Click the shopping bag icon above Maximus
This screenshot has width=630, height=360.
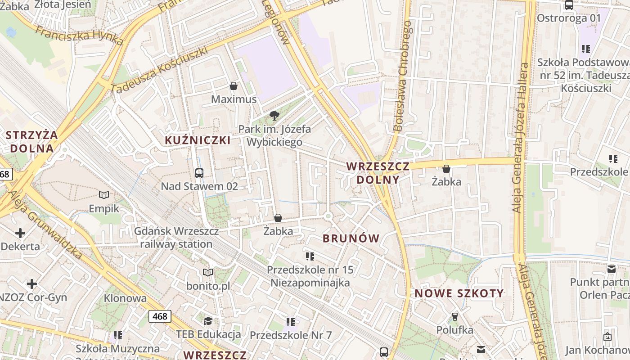click(x=234, y=86)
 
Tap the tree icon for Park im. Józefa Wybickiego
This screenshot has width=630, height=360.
click(x=274, y=116)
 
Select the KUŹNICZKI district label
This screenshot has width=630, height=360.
click(x=198, y=140)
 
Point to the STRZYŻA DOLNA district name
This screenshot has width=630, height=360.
click(x=32, y=141)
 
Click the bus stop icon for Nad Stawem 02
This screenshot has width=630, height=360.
click(x=199, y=173)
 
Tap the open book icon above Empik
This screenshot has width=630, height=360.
click(x=104, y=195)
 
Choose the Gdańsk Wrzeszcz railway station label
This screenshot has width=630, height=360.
click(x=176, y=238)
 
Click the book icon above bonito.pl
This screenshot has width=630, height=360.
click(x=207, y=272)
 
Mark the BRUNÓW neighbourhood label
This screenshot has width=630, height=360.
click(x=351, y=238)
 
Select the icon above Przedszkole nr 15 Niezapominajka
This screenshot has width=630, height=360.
click(x=310, y=256)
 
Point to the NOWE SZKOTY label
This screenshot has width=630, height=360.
click(x=459, y=293)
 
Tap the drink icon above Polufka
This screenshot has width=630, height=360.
click(x=454, y=317)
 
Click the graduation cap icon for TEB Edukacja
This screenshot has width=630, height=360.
click(x=208, y=320)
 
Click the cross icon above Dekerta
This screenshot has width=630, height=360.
click(x=20, y=233)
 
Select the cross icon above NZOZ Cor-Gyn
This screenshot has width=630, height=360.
click(x=32, y=284)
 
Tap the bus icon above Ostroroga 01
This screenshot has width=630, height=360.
click(x=569, y=5)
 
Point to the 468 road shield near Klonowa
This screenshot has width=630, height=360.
click(x=160, y=316)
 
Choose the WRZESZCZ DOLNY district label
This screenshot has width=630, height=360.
click(x=378, y=173)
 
